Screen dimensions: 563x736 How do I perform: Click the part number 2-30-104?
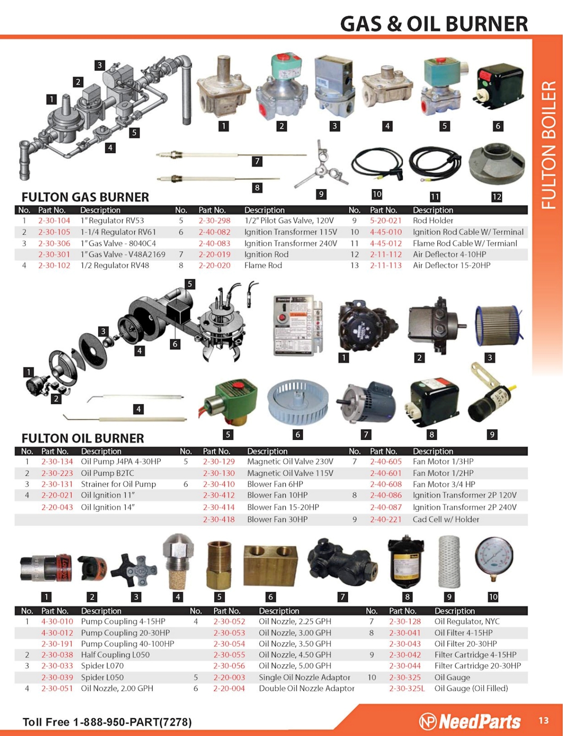click(x=54, y=221)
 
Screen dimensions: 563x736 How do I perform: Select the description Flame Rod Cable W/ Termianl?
click(x=465, y=243)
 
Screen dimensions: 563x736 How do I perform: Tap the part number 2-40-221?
click(x=386, y=519)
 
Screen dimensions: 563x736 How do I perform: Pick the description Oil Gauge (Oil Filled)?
click(x=471, y=688)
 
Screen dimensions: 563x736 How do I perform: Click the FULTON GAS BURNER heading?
click(x=85, y=197)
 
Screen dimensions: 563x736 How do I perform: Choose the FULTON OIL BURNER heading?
click(x=83, y=439)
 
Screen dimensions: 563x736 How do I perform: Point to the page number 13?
click(x=544, y=720)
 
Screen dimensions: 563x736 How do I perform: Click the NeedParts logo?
click(x=470, y=721)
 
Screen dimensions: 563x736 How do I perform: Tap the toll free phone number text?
click(x=107, y=722)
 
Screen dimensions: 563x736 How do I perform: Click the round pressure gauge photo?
click(x=494, y=559)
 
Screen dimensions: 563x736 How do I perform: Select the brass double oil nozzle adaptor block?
click(x=270, y=566)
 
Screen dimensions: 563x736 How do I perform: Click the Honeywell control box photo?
click(x=298, y=325)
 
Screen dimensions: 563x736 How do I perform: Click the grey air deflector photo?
click(x=497, y=165)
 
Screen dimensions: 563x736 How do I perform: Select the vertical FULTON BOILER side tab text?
click(x=549, y=145)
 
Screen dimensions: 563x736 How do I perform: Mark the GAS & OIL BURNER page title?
click(x=434, y=24)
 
